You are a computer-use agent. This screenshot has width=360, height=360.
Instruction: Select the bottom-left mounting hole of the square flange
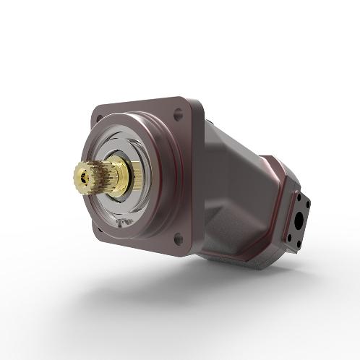click(x=100, y=231)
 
